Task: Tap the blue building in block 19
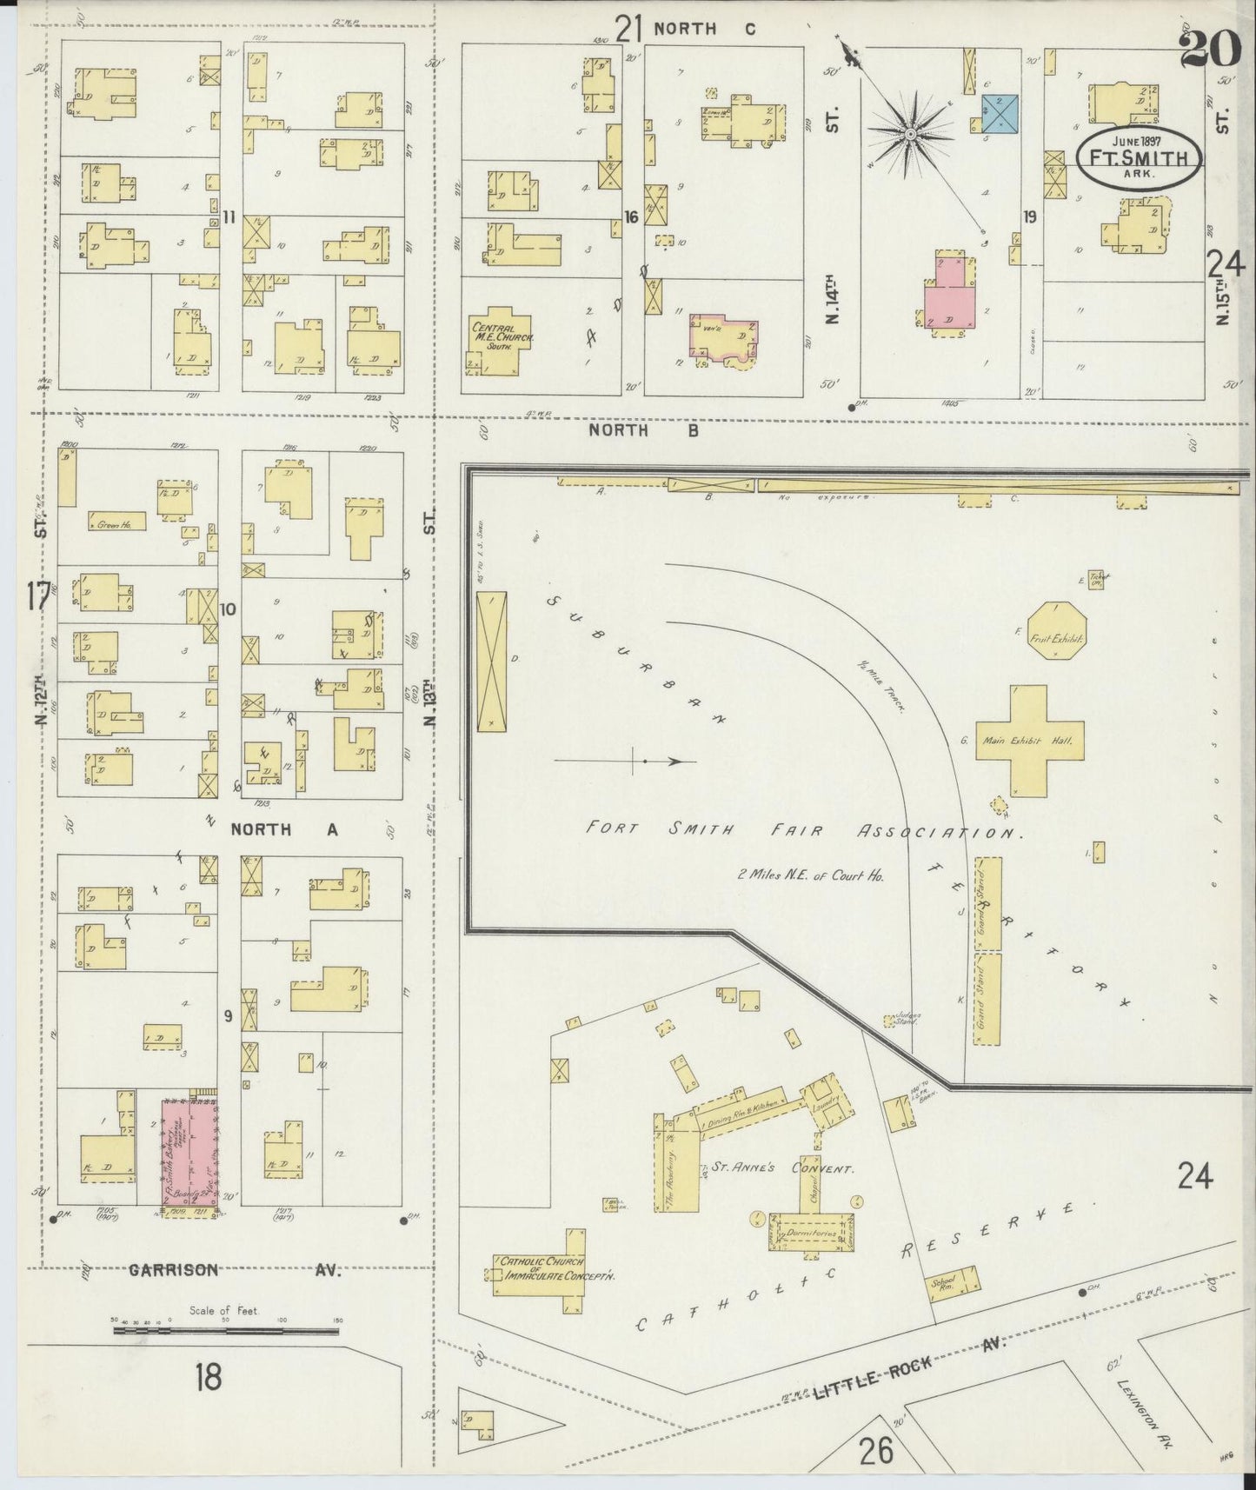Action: (1000, 115)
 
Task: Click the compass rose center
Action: (909, 134)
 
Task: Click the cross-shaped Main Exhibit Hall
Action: (1028, 741)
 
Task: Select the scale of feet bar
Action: (226, 1331)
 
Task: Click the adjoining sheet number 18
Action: (208, 1377)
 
